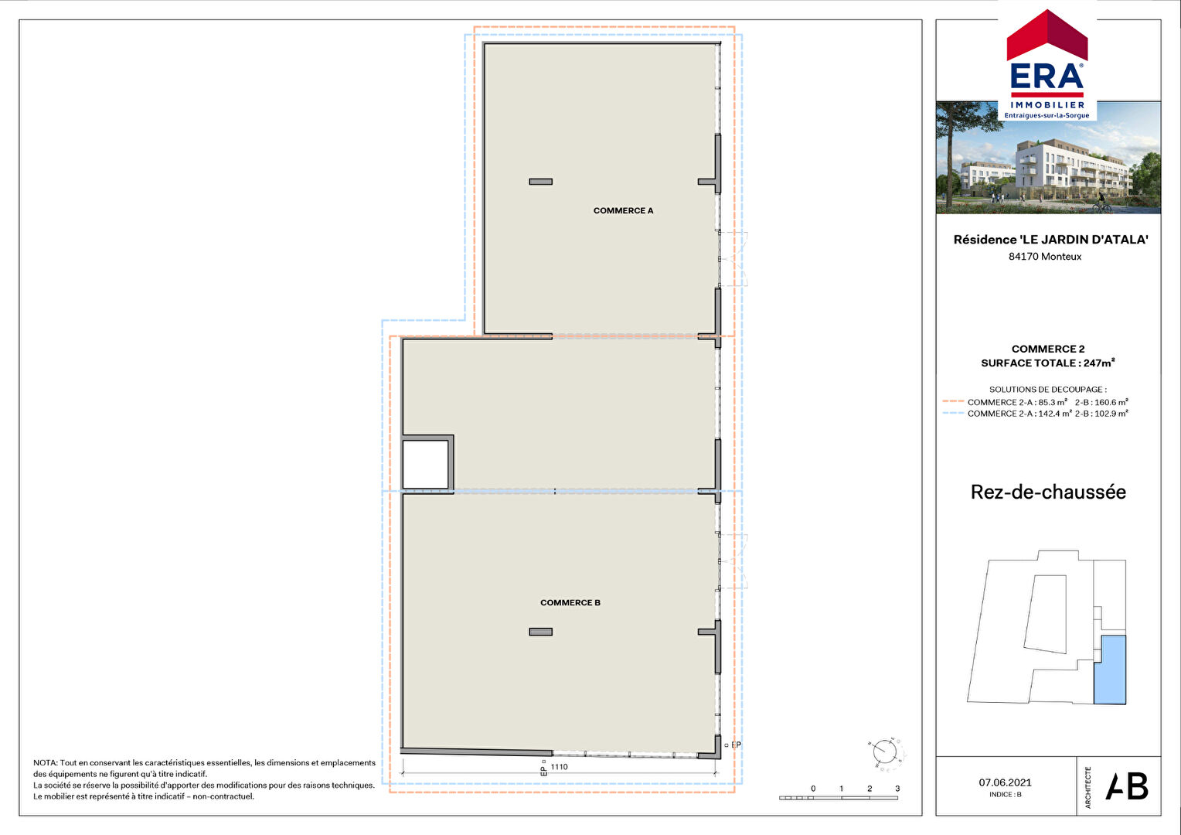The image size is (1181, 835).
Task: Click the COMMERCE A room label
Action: tap(623, 210)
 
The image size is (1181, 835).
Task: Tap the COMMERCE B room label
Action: tap(570, 602)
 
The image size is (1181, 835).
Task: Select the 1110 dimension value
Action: tap(559, 767)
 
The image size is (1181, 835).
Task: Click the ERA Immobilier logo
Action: tap(1047, 66)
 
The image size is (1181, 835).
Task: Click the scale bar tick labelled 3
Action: tap(897, 789)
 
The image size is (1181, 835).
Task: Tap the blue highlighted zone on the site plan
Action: tap(1109, 670)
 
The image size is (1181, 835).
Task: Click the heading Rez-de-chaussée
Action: tap(1048, 492)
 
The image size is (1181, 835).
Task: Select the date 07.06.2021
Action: tap(1005, 782)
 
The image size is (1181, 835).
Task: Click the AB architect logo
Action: tap(1127, 786)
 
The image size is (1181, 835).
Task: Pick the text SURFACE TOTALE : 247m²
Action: tap(1047, 363)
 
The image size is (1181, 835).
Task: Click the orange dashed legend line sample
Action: tap(953, 402)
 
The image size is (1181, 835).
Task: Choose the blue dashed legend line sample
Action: tap(953, 414)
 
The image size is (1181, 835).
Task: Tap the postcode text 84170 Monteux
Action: tap(1045, 257)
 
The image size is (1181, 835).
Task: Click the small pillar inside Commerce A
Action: tap(540, 182)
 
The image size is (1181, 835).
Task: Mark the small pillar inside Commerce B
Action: tap(540, 632)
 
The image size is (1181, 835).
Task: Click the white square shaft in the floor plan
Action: tap(426, 464)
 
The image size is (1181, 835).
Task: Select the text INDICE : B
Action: tap(1005, 795)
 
